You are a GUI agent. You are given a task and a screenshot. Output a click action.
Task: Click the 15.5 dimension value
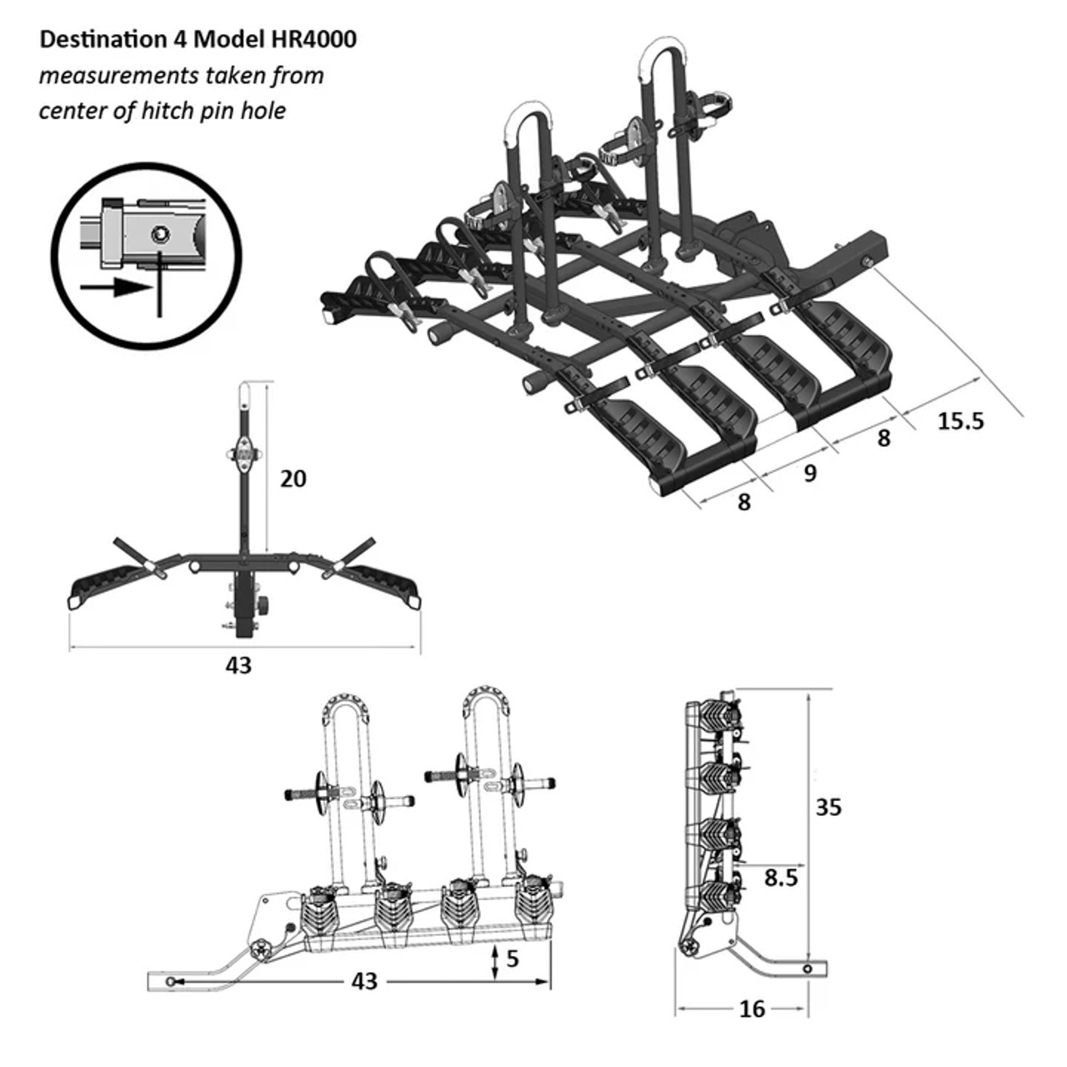coord(960,421)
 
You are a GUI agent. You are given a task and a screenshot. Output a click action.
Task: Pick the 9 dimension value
coord(809,473)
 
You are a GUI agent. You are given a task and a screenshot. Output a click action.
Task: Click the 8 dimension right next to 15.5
coord(884,438)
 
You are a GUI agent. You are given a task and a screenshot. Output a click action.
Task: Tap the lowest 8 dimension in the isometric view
coord(744,502)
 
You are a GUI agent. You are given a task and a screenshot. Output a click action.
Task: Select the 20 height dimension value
coord(293,478)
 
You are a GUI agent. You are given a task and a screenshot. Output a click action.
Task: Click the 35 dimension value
coord(829,807)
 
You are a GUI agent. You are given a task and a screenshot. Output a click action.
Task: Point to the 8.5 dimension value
coord(780,877)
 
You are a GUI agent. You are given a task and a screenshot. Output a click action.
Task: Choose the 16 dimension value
coord(751,1009)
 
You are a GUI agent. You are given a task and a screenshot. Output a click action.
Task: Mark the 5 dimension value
coord(512,959)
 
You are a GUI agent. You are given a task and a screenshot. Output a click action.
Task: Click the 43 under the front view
coord(238,665)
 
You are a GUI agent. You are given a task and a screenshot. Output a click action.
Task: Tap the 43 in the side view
coord(364,981)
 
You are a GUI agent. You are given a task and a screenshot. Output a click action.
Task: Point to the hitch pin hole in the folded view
coord(808,969)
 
